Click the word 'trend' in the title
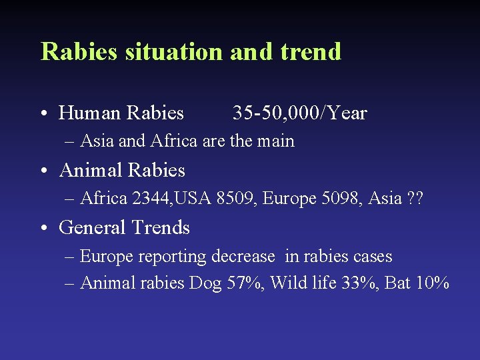[311, 51]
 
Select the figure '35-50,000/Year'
[299, 113]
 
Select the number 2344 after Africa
[152, 199]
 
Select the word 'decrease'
[243, 257]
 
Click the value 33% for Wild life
[360, 283]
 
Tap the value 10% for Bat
[432, 283]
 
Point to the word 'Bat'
[398, 283]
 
